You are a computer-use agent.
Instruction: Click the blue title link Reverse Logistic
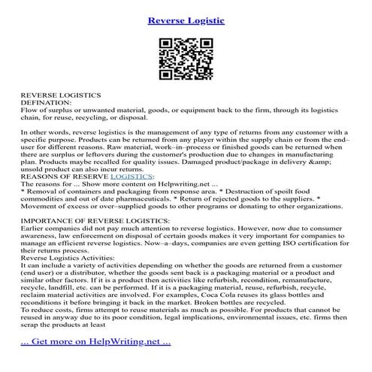pos(186,19)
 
